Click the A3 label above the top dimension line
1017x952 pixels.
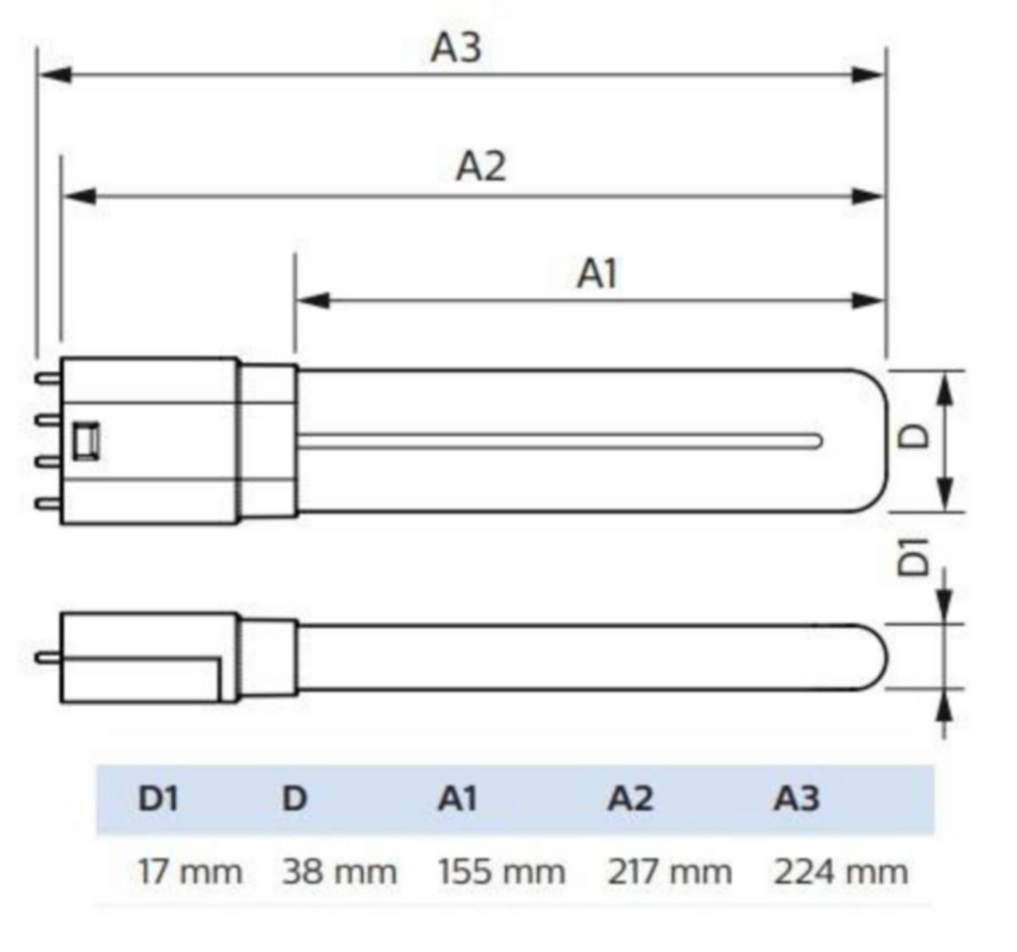coord(456,48)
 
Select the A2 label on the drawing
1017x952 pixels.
coord(481,166)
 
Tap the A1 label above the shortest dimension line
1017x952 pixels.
coord(597,274)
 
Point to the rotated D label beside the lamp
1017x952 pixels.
coord(914,436)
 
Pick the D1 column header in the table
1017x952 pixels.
coord(158,798)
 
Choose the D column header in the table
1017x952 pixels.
coord(294,798)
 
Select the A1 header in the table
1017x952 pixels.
coord(458,798)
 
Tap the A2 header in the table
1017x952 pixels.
coord(631,798)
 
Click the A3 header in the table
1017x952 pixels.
coord(797,798)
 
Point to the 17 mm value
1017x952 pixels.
coord(190,872)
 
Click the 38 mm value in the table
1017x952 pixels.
coord(340,872)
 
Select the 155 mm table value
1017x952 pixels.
coord(502,872)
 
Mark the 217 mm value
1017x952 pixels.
coord(670,872)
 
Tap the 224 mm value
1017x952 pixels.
coord(841,872)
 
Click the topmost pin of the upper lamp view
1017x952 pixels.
coord(47,379)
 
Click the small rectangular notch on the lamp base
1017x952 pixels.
coord(86,442)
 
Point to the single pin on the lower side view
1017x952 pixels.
coord(47,658)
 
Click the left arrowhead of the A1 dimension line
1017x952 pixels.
coord(314,301)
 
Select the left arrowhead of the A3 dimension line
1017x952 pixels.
coord(55,75)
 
